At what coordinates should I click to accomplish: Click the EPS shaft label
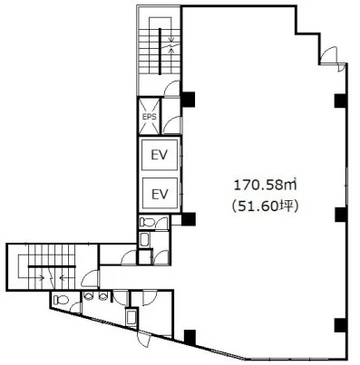[x=150, y=117]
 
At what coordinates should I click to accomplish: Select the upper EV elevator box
[x=160, y=155]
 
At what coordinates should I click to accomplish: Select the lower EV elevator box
[x=160, y=194]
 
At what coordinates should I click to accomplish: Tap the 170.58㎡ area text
[x=265, y=186]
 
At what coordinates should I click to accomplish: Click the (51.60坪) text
[x=265, y=207]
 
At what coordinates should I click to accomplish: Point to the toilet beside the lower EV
[x=147, y=223]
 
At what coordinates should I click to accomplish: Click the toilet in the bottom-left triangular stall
[x=62, y=300]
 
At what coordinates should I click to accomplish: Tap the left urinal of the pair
[x=88, y=295]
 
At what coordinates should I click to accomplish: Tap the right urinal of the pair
[x=103, y=295]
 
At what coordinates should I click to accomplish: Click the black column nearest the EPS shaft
[x=188, y=100]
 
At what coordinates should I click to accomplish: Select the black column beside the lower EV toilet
[x=188, y=219]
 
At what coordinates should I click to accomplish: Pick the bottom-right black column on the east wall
[x=341, y=325]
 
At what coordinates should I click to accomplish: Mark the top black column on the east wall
[x=341, y=101]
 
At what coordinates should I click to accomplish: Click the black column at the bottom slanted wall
[x=190, y=337]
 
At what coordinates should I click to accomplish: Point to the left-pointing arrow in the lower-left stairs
[x=63, y=277]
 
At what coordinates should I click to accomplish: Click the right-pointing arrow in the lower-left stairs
[x=41, y=277]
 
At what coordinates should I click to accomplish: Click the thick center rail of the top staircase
[x=160, y=51]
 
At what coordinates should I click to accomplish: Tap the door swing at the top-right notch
[x=328, y=55]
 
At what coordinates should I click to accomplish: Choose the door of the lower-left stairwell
[x=90, y=278]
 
